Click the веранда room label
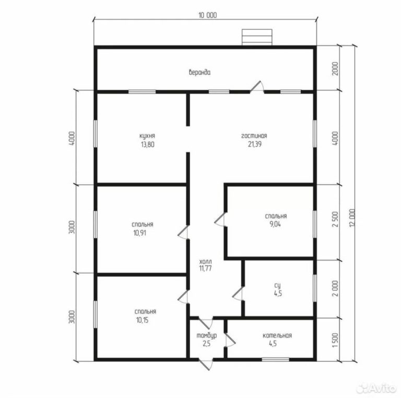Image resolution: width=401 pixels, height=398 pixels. pos(200,73)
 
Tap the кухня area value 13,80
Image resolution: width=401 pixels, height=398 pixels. pos(148,144)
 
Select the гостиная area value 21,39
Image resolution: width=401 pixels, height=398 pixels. pos(254,144)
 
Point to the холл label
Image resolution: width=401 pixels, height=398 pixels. pos(205,261)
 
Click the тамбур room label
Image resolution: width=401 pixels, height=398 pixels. pos(207,335)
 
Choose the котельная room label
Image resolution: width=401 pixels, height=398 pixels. pos(277,336)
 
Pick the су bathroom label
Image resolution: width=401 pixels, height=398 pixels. pos(277,286)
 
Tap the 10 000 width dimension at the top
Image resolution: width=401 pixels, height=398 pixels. pos(208,15)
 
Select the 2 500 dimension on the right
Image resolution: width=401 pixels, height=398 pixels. pos(335,219)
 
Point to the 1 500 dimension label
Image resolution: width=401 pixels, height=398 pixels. pos(335,340)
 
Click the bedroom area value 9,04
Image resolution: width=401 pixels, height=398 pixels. pos(275,224)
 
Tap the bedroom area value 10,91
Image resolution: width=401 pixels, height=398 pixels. pos(139,233)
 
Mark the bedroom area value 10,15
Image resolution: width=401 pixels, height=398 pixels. pos(143,320)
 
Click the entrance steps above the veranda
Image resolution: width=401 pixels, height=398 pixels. pos(257,37)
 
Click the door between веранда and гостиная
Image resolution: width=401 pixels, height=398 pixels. pos(257,87)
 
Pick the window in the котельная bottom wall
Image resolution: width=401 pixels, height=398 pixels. pos(276,360)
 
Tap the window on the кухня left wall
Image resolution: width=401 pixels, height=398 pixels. pos(96,134)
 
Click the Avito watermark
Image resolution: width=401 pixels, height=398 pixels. pos(376,389)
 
